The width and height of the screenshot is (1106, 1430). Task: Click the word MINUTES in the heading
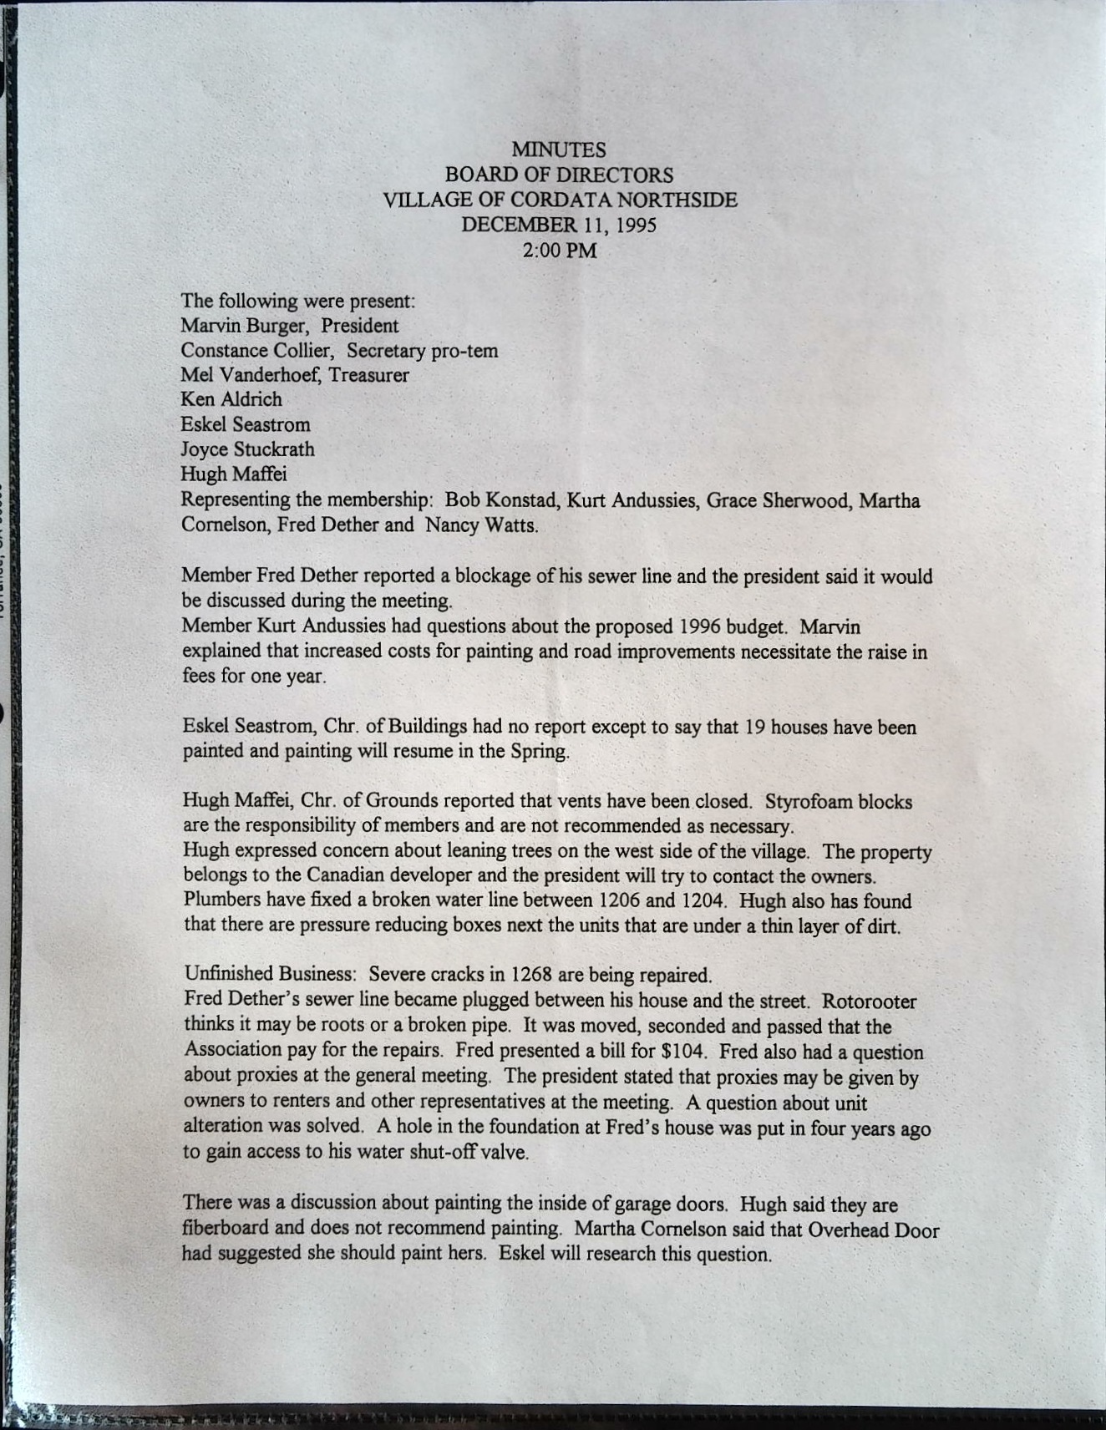559,150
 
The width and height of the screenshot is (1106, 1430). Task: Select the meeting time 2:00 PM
559,251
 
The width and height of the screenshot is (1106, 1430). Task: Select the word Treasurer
369,375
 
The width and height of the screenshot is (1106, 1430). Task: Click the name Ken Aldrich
231,399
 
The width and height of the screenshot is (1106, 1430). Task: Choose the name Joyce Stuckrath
248,449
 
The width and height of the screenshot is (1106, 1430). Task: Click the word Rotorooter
869,1001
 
